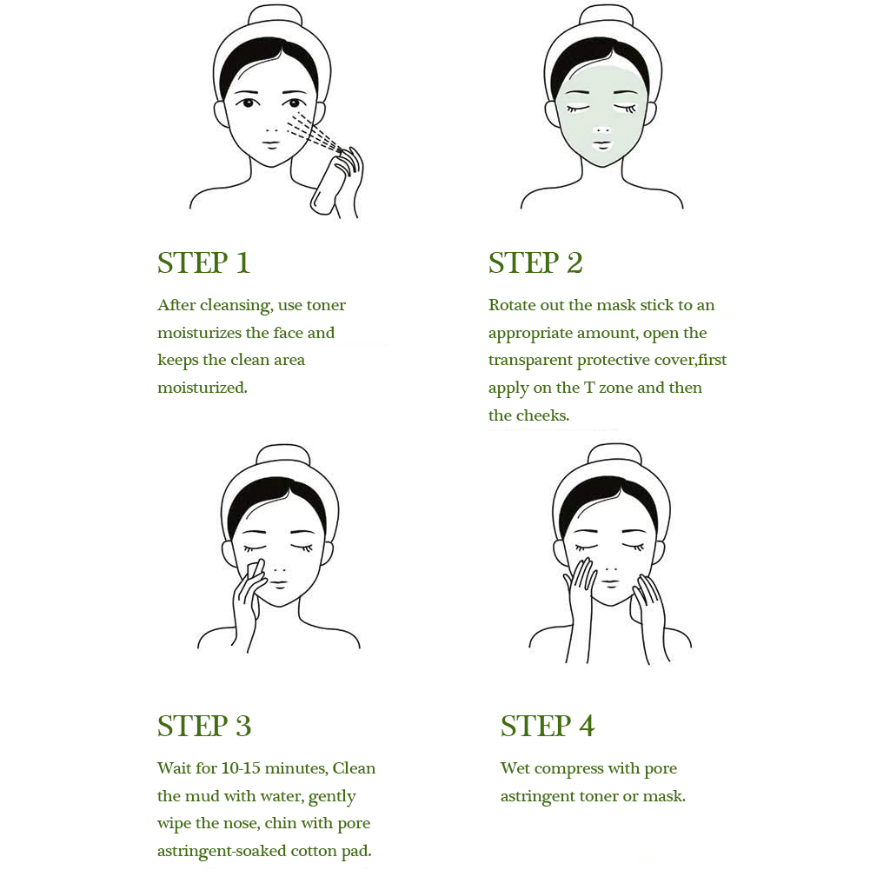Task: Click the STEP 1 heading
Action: tap(203, 262)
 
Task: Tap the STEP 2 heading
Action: tap(535, 262)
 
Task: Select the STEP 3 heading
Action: tap(204, 726)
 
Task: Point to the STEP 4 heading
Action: tap(547, 726)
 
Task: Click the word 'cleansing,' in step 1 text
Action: tap(236, 306)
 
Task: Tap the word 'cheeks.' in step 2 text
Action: tap(544, 415)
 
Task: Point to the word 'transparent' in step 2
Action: tap(530, 361)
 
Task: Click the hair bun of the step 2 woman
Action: tap(603, 16)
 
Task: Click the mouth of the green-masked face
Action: tap(601, 145)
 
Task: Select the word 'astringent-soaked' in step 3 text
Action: tap(222, 852)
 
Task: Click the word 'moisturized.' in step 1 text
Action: tap(203, 388)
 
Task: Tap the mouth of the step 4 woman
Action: tap(610, 583)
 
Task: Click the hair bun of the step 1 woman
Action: tap(273, 16)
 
